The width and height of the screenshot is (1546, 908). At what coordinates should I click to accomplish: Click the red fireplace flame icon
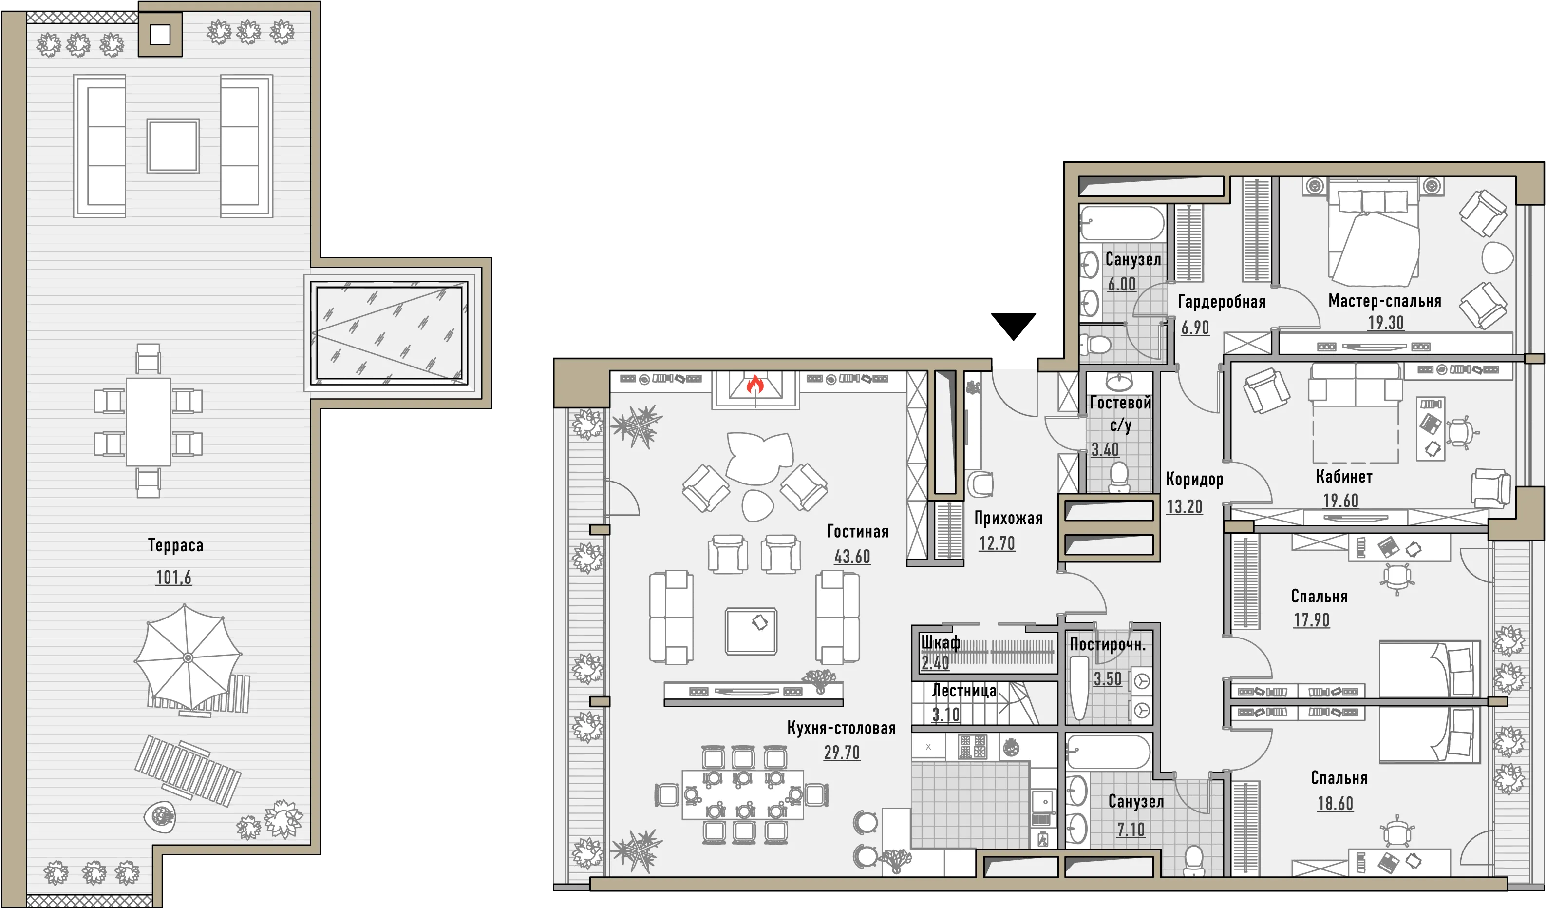click(x=755, y=385)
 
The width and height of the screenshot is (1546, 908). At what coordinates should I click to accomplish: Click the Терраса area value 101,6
click(x=173, y=577)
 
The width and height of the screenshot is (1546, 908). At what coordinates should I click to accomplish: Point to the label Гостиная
click(x=858, y=531)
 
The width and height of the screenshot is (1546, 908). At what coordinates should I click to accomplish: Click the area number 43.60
click(x=852, y=556)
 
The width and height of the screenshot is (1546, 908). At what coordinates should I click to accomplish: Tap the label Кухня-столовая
click(x=842, y=728)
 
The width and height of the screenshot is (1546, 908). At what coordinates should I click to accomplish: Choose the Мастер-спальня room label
click(x=1385, y=301)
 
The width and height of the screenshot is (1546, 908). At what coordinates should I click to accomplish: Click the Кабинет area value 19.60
click(x=1340, y=501)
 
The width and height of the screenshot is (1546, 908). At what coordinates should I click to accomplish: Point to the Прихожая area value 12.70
click(x=997, y=543)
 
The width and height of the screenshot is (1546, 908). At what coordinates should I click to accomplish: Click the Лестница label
click(x=964, y=691)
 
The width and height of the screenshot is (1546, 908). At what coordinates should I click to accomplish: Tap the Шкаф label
click(x=941, y=643)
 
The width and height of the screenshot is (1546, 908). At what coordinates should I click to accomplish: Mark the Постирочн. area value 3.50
click(x=1107, y=679)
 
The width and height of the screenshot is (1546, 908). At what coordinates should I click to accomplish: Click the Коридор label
click(x=1194, y=479)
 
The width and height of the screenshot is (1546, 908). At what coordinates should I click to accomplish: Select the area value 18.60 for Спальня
click(x=1335, y=803)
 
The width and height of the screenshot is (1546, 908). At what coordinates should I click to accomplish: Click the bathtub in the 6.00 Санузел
click(x=1122, y=222)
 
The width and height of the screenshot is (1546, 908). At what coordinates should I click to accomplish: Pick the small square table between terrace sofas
click(x=173, y=146)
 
